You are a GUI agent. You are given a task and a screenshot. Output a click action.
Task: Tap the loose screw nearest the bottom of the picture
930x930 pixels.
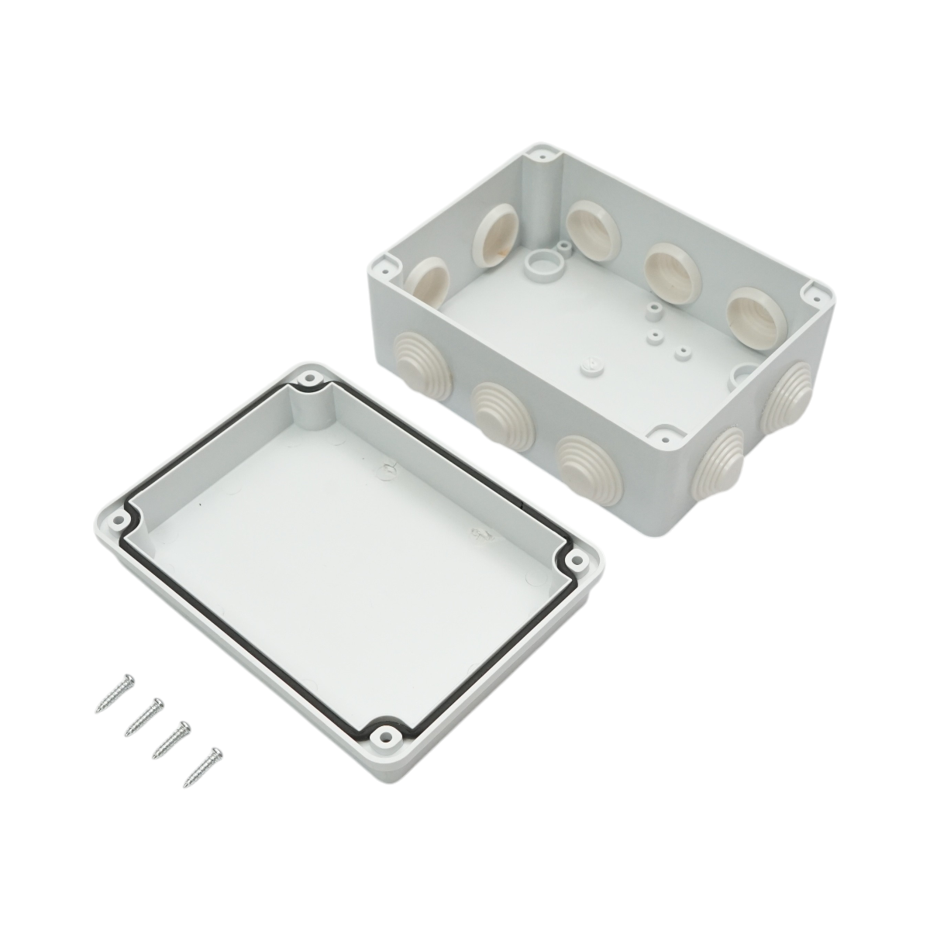click(x=204, y=766)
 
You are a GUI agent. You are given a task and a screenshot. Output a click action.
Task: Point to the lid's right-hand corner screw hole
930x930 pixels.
click(x=574, y=559)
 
